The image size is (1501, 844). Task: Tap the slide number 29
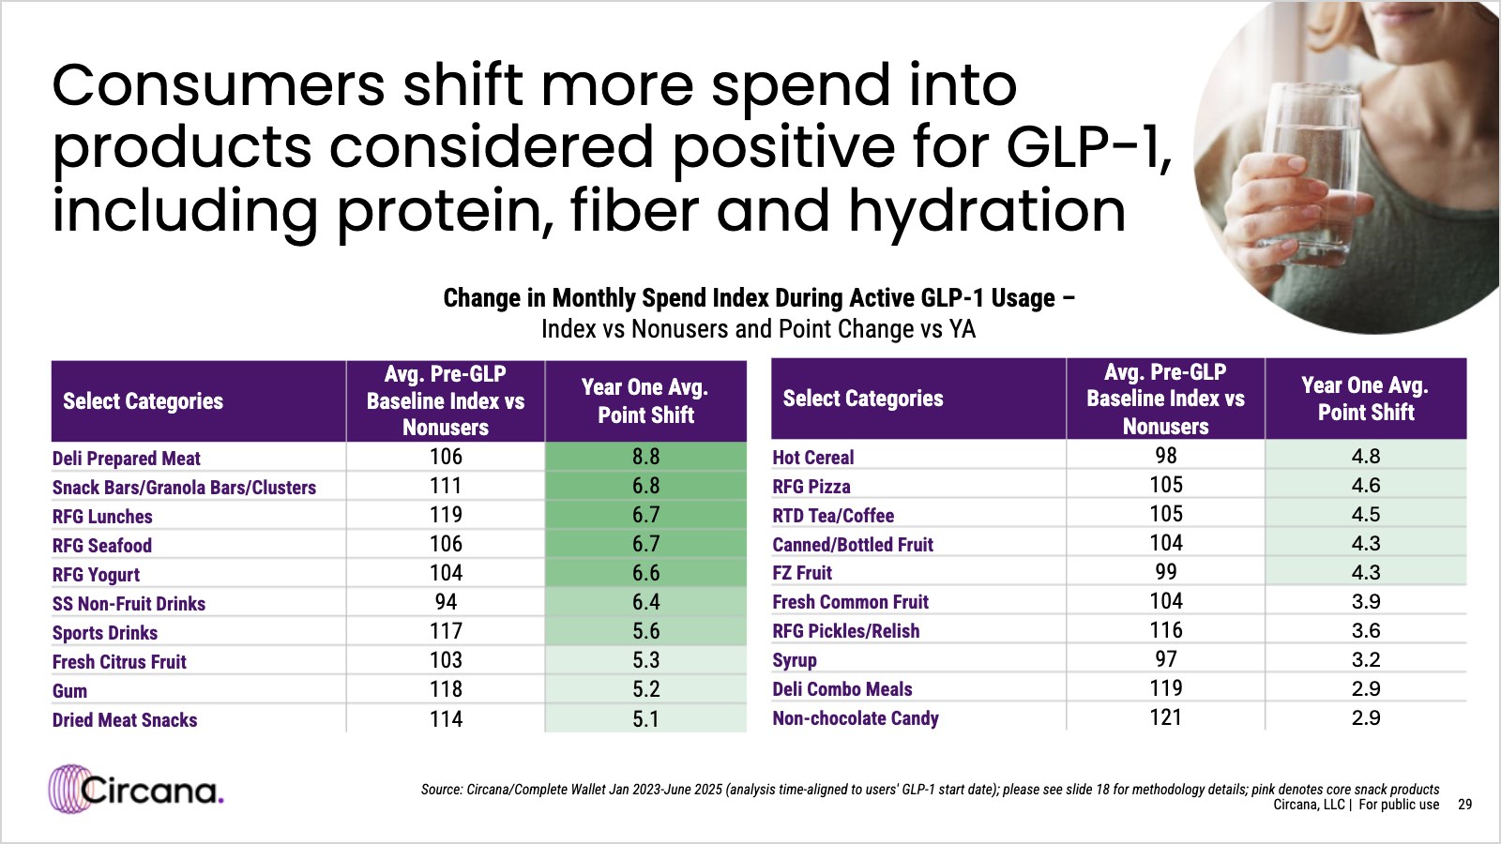[x=1464, y=805]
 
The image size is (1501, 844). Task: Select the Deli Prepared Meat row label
[x=126, y=459]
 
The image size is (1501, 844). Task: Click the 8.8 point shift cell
[x=646, y=457]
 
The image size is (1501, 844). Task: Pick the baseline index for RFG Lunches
[x=446, y=515]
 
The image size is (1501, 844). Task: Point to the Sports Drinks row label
[x=105, y=633]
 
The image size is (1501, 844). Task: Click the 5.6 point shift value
[x=646, y=631]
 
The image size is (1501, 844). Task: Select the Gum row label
[x=69, y=690]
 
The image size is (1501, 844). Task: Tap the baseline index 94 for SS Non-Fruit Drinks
[x=446, y=601]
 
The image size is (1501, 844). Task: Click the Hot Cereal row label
[x=812, y=458]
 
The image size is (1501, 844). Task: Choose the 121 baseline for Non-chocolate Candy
[x=1165, y=717]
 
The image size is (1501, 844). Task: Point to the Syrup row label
[x=794, y=660]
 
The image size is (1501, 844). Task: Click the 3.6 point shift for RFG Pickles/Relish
[x=1366, y=630]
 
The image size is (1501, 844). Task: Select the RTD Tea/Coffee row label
[x=833, y=516]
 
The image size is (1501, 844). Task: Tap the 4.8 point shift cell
[x=1366, y=456]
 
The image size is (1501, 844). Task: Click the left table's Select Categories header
[x=143, y=401]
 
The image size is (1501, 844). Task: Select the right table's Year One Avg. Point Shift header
[x=1366, y=399]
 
